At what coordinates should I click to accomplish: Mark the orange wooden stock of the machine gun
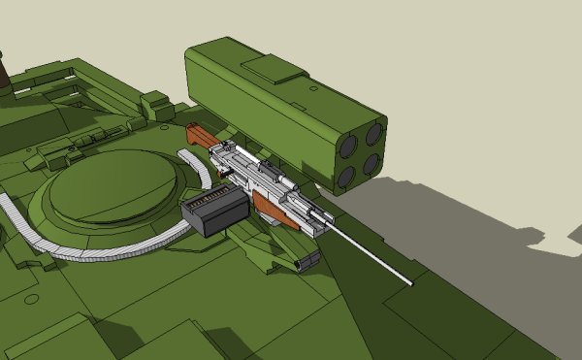point(200,136)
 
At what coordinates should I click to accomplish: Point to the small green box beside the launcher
point(156,104)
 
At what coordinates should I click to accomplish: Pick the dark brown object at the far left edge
point(3,73)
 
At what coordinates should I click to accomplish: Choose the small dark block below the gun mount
point(307,260)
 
